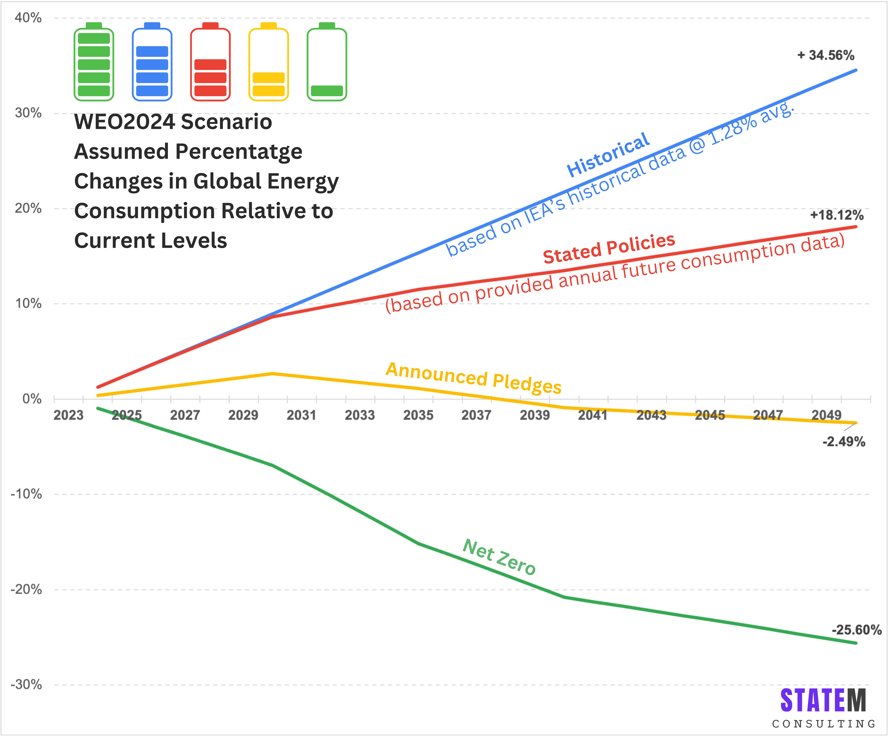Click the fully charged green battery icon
(94, 62)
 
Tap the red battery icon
(210, 62)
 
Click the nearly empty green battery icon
(327, 62)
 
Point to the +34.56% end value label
(826, 55)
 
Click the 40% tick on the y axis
(28, 18)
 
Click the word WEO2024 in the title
(124, 122)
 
